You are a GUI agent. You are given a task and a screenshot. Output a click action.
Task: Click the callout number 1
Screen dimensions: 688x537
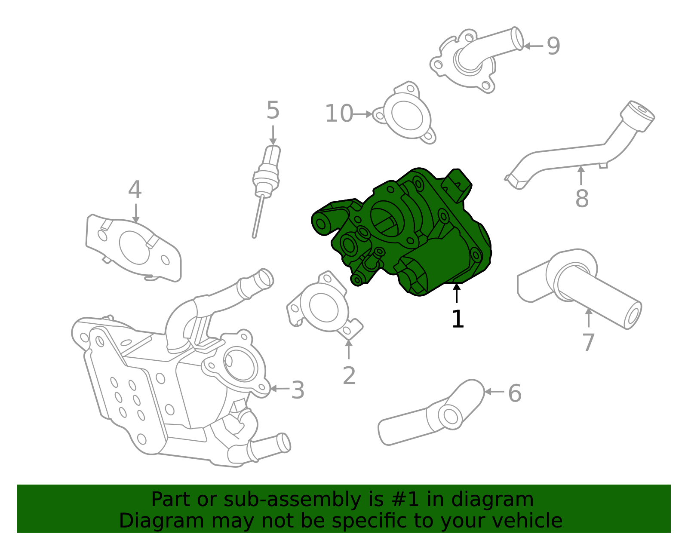pos(458,319)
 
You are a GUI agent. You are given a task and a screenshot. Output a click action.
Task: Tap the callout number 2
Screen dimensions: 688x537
pos(349,376)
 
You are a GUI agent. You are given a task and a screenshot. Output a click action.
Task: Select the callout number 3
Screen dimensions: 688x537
pos(298,390)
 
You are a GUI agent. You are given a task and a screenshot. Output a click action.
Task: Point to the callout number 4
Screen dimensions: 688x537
pos(135,190)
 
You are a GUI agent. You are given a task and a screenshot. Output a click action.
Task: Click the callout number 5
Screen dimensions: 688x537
pos(273,110)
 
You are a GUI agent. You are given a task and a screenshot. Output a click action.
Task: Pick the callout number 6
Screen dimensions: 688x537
pos(514,393)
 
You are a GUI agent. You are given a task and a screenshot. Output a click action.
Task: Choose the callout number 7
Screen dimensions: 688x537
pos(588,343)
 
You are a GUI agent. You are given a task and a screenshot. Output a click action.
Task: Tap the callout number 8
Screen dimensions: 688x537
pos(581,199)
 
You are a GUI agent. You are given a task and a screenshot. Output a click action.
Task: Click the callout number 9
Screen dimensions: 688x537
pos(553,46)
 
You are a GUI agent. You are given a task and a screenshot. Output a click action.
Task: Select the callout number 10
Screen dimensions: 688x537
pos(338,114)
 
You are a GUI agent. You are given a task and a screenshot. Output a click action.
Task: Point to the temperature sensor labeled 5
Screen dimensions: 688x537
pos(267,176)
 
